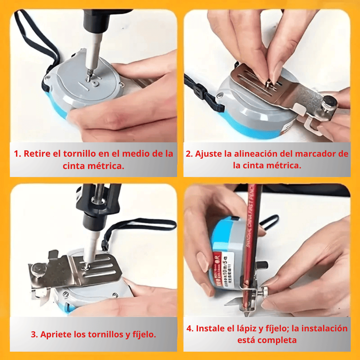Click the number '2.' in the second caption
189,154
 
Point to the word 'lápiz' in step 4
245,328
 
